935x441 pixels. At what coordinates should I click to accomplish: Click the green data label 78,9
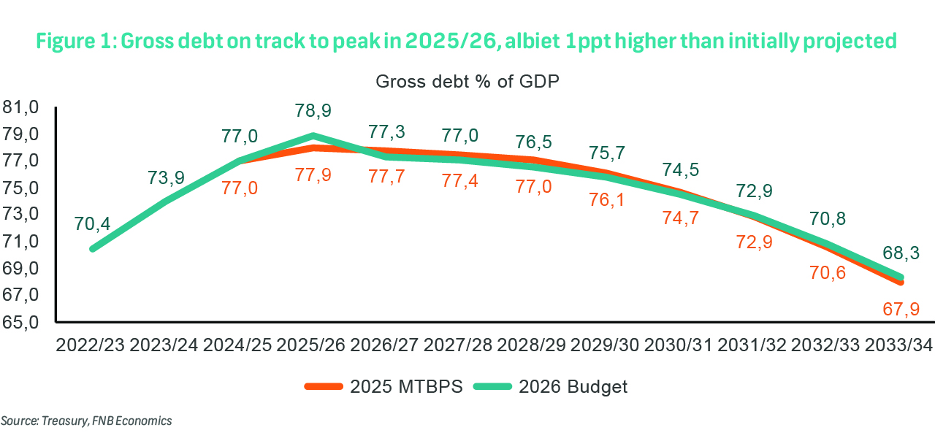313,110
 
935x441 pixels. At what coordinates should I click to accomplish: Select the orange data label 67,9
898,309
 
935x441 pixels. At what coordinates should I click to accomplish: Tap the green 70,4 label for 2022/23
93,225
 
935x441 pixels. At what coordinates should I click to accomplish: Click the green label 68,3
901,253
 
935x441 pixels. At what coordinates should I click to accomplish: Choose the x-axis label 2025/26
313,345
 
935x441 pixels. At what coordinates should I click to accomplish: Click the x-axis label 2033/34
898,345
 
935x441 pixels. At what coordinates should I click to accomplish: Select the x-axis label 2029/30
606,345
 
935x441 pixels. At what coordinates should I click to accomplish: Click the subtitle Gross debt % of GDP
467,81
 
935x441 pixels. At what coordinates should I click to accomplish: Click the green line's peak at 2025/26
313,135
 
